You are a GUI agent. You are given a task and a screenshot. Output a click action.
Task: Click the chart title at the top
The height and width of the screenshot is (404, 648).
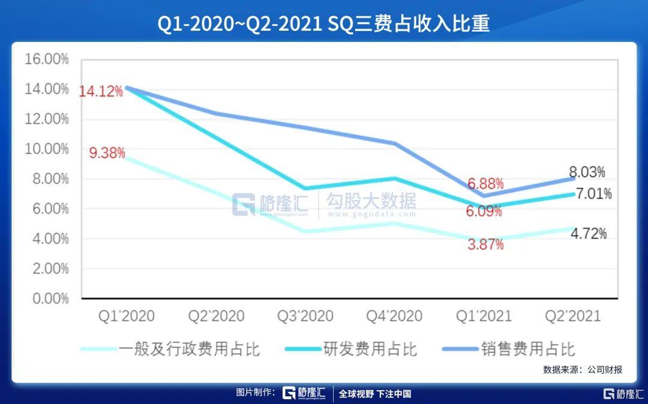324,23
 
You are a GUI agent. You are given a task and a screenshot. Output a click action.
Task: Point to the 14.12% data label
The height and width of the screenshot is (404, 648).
101,92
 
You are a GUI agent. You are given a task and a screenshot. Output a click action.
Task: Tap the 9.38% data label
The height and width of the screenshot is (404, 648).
107,153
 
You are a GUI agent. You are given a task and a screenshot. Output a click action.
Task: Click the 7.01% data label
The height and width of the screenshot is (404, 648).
593,194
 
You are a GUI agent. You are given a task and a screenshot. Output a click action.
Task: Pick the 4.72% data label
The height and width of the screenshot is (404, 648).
588,234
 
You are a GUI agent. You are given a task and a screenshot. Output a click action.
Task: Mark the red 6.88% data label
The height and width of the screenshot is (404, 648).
485,184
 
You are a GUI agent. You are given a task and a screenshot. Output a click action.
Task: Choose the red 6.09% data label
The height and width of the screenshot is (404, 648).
483,211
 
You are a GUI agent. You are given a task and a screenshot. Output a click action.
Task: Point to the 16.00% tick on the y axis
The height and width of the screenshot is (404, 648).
46,59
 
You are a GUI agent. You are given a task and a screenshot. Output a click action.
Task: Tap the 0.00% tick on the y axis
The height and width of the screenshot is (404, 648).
49,298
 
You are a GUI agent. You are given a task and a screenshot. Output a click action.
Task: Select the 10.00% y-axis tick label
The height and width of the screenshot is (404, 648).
46,149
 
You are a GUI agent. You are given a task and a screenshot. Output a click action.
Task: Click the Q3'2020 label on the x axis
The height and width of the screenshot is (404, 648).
305,316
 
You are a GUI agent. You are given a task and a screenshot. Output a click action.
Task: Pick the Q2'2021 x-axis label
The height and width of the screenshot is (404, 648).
572,316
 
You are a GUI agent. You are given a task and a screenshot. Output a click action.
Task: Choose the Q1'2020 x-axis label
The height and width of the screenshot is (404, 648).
126,316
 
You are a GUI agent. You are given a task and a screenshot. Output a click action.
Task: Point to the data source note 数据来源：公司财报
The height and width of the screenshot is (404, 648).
583,370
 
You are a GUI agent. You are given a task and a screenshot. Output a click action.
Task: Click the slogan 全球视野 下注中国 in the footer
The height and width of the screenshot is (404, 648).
375,394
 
